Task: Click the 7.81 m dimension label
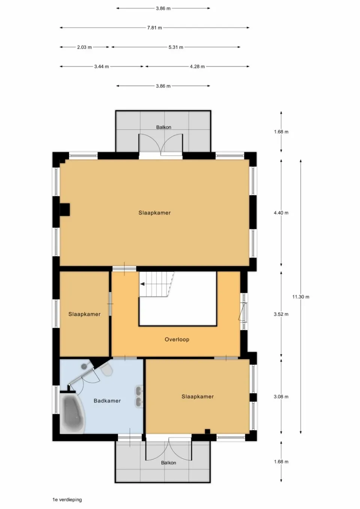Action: [x=154, y=28]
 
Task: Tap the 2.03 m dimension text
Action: [x=84, y=47]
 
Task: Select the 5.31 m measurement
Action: [x=176, y=47]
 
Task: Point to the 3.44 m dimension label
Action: [x=101, y=67]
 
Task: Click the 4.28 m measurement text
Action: [x=197, y=67]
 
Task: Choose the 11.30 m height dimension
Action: [x=301, y=297]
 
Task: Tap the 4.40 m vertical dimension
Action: [x=281, y=213]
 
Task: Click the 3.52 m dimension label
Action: [x=281, y=314]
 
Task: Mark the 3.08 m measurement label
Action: [x=281, y=397]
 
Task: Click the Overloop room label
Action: [x=177, y=340]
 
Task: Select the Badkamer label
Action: [x=107, y=401]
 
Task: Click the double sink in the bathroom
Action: [x=139, y=397]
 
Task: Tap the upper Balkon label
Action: [x=163, y=127]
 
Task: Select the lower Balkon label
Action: [x=168, y=463]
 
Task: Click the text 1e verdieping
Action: [x=67, y=500]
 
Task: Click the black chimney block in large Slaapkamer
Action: [x=65, y=210]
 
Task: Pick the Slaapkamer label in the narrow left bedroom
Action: [x=84, y=314]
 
